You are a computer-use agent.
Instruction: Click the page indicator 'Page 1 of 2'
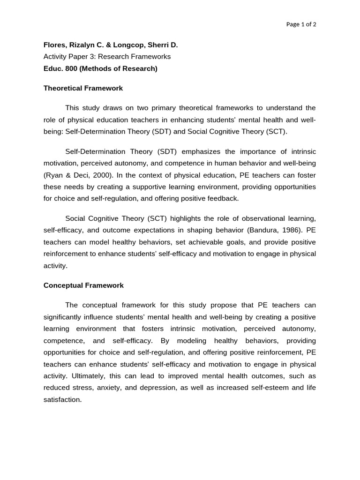tap(301, 24)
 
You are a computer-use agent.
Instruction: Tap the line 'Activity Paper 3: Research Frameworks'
tap(107, 57)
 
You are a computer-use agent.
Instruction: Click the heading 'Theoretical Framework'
tap(83, 88)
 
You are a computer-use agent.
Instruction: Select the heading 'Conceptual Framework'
tap(83, 285)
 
